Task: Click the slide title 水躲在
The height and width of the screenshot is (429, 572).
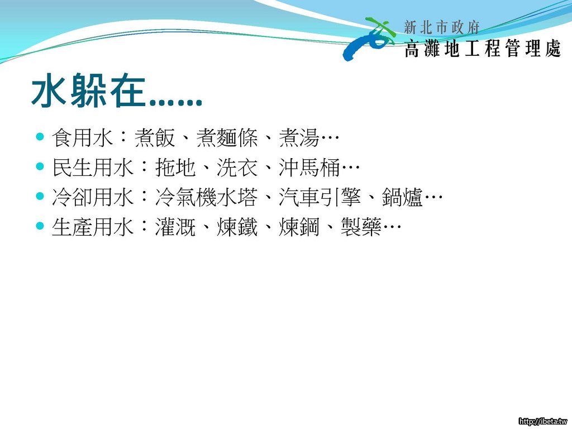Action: click(88, 91)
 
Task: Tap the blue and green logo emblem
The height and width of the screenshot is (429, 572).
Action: click(369, 39)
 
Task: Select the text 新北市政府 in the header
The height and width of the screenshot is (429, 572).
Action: click(441, 27)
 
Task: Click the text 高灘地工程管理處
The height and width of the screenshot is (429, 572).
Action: click(482, 48)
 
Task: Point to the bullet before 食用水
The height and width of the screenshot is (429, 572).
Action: click(40, 137)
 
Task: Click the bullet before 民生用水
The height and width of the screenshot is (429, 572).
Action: click(40, 166)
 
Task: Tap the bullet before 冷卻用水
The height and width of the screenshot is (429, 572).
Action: click(40, 196)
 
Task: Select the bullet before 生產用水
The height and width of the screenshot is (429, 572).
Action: click(40, 226)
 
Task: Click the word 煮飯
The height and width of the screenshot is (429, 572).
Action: click(155, 138)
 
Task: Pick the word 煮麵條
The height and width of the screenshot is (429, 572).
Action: click(227, 138)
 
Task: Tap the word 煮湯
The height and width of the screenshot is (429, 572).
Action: click(299, 138)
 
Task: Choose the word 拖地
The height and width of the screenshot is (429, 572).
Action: click(175, 168)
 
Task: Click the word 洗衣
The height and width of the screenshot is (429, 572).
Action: click(237, 168)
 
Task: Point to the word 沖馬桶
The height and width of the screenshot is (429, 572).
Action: click(309, 168)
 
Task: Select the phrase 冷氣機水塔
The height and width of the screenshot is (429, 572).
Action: click(207, 197)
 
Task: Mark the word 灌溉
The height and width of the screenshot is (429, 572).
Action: click(175, 227)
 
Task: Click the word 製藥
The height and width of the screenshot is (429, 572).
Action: click(361, 227)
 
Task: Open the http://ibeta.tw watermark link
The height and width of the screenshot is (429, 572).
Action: click(543, 421)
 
